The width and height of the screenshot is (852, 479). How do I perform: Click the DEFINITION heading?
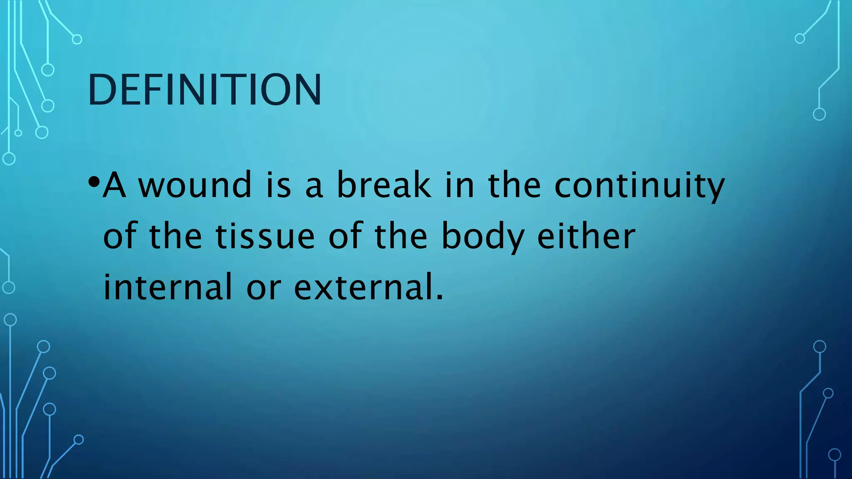(x=204, y=89)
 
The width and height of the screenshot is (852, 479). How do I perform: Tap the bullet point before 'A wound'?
(x=94, y=182)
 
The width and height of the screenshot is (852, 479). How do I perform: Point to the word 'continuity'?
(x=639, y=185)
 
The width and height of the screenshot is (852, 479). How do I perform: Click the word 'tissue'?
(x=265, y=236)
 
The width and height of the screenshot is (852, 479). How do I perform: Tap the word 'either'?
(x=586, y=236)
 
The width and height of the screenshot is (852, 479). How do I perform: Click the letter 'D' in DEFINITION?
(x=100, y=90)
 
